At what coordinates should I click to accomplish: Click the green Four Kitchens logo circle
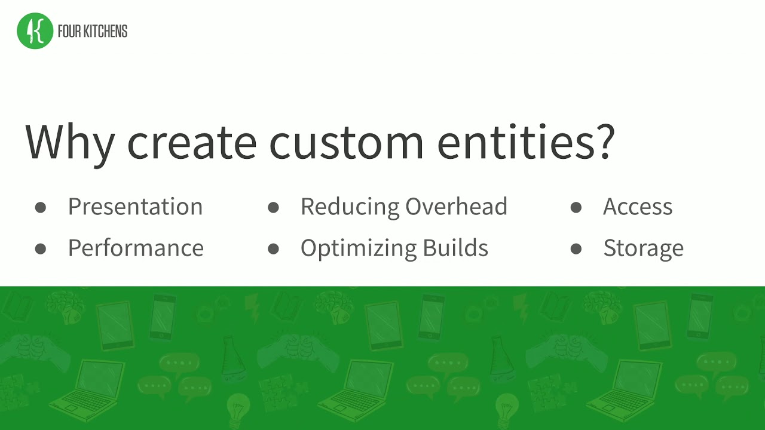click(x=35, y=31)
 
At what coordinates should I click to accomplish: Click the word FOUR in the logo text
click(x=68, y=32)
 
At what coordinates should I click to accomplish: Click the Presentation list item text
click(x=135, y=207)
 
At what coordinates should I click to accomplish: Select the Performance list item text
click(x=136, y=248)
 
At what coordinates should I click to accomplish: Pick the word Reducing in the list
click(x=349, y=207)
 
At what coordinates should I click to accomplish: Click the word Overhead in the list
click(x=456, y=207)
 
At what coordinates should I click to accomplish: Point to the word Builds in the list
click(x=457, y=248)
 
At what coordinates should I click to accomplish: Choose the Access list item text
click(x=638, y=207)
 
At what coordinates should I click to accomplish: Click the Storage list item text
click(x=643, y=248)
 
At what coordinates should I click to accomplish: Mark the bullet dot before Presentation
click(x=41, y=207)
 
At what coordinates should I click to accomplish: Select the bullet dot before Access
click(x=576, y=207)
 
